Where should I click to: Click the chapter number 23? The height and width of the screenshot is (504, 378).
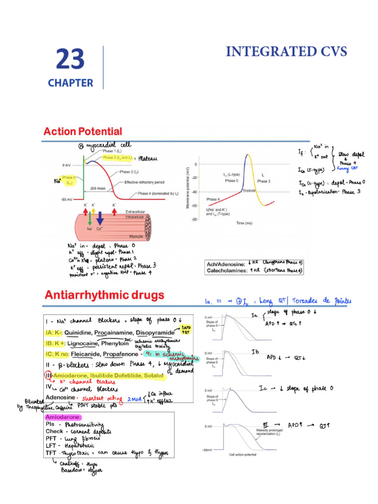click(70, 60)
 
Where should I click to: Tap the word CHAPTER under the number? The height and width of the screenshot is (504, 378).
click(70, 83)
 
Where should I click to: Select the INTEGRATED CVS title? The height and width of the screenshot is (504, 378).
click(286, 51)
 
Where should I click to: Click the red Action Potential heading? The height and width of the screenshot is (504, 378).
click(83, 131)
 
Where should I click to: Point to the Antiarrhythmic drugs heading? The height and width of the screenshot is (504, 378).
click(104, 295)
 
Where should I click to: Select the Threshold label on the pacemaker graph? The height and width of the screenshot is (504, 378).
click(249, 190)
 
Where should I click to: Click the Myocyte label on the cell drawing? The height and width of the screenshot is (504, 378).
click(136, 236)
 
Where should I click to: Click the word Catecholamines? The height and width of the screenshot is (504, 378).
click(230, 270)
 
